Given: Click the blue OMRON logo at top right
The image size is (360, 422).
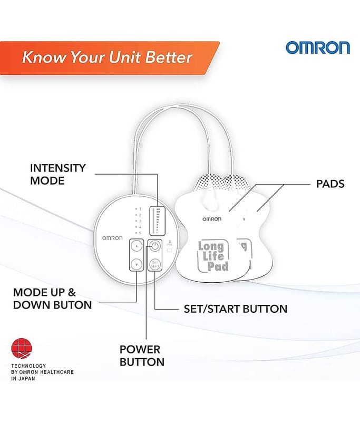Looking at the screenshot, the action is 317,47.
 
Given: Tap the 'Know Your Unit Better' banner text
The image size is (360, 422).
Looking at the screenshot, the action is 107,57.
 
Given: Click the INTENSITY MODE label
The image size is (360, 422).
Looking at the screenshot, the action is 58,174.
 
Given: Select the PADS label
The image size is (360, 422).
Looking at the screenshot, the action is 330,184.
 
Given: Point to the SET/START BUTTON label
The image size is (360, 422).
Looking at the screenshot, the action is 236,309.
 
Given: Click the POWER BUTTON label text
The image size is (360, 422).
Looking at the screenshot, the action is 142,356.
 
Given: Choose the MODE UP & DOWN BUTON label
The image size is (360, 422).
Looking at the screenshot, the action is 52,299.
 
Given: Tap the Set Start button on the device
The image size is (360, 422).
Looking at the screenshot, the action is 154,264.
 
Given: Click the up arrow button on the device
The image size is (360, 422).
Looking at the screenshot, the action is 137,246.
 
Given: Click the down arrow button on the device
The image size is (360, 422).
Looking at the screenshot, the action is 137,264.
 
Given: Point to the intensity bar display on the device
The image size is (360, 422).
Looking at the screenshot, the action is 156,220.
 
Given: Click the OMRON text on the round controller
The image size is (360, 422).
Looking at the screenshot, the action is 112,238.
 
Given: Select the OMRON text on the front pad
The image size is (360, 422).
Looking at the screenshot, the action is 212,219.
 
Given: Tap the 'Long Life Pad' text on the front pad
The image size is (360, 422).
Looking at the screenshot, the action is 213,256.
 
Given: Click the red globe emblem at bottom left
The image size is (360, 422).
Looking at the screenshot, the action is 22,349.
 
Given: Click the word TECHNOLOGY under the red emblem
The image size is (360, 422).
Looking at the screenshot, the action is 28,366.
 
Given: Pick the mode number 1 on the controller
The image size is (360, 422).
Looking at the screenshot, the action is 140,209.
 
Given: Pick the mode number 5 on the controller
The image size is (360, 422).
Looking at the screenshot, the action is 140,233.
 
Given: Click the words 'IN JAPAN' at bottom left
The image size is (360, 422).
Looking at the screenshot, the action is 23,378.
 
